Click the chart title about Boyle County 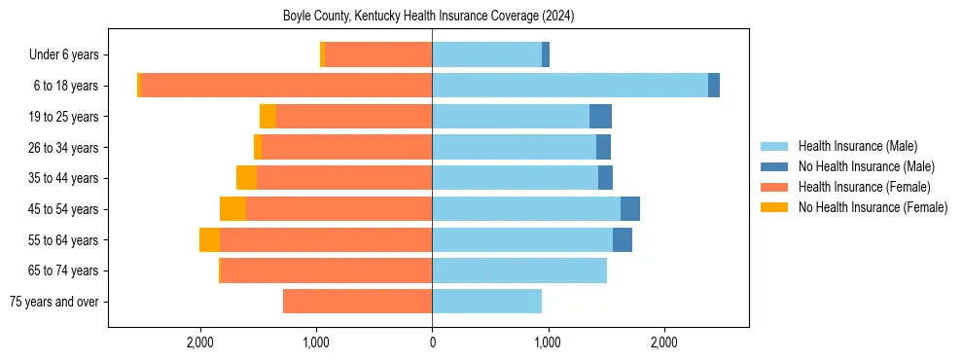pyautogui.click(x=428, y=17)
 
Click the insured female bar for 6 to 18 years pyautogui.click(x=287, y=86)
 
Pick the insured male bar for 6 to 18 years pyautogui.click(x=569, y=86)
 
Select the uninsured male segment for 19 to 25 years pyautogui.click(x=600, y=117)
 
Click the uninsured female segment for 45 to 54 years pyautogui.click(x=232, y=209)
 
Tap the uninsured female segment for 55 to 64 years pyautogui.click(x=209, y=240)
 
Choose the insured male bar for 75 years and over pyautogui.click(x=486, y=302)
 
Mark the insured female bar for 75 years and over pyautogui.click(x=357, y=302)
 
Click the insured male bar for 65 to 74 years pyautogui.click(x=519, y=270)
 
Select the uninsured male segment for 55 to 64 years pyautogui.click(x=623, y=240)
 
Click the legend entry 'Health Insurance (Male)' pyautogui.click(x=857, y=146)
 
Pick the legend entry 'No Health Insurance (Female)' pyautogui.click(x=873, y=207)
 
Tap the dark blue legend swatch pyautogui.click(x=775, y=166)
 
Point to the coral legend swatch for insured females pyautogui.click(x=775, y=187)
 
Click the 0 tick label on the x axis pyautogui.click(x=432, y=343)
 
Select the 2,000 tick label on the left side pyautogui.click(x=200, y=343)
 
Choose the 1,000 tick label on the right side pyautogui.click(x=548, y=343)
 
